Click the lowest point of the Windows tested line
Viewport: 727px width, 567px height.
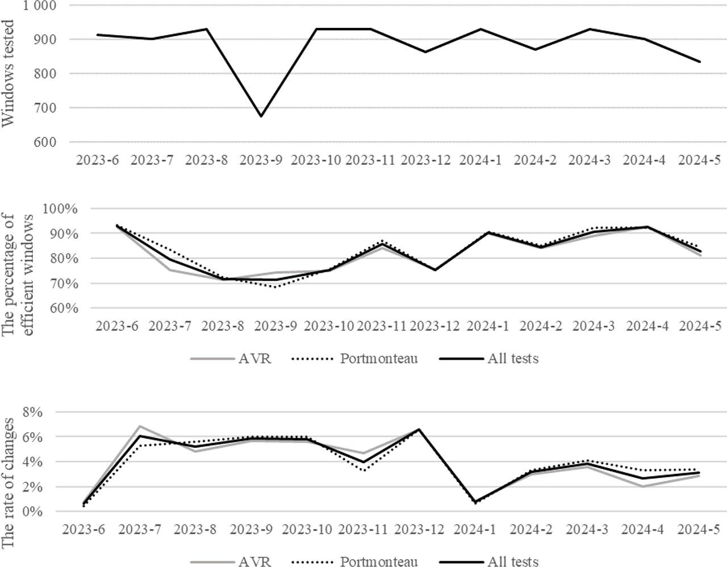pyautogui.click(x=261, y=116)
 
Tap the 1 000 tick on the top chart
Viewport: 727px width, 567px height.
pyautogui.click(x=40, y=6)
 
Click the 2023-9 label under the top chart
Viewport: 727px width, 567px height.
pyautogui.click(x=261, y=160)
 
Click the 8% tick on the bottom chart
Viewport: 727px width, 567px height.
pyautogui.click(x=32, y=412)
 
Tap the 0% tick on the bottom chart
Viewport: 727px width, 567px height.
pyautogui.click(x=32, y=512)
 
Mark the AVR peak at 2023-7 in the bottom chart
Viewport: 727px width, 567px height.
pyautogui.click(x=140, y=426)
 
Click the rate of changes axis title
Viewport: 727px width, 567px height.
pyautogui.click(x=9, y=483)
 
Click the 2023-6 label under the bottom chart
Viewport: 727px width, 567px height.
pyautogui.click(x=85, y=530)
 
